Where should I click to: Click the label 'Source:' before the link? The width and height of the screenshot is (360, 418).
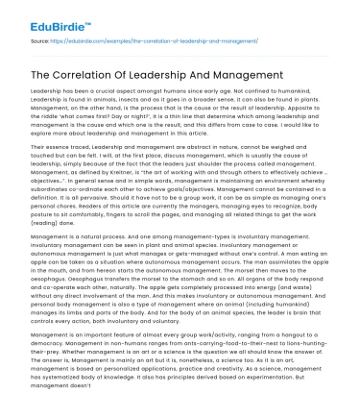(x=39, y=43)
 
